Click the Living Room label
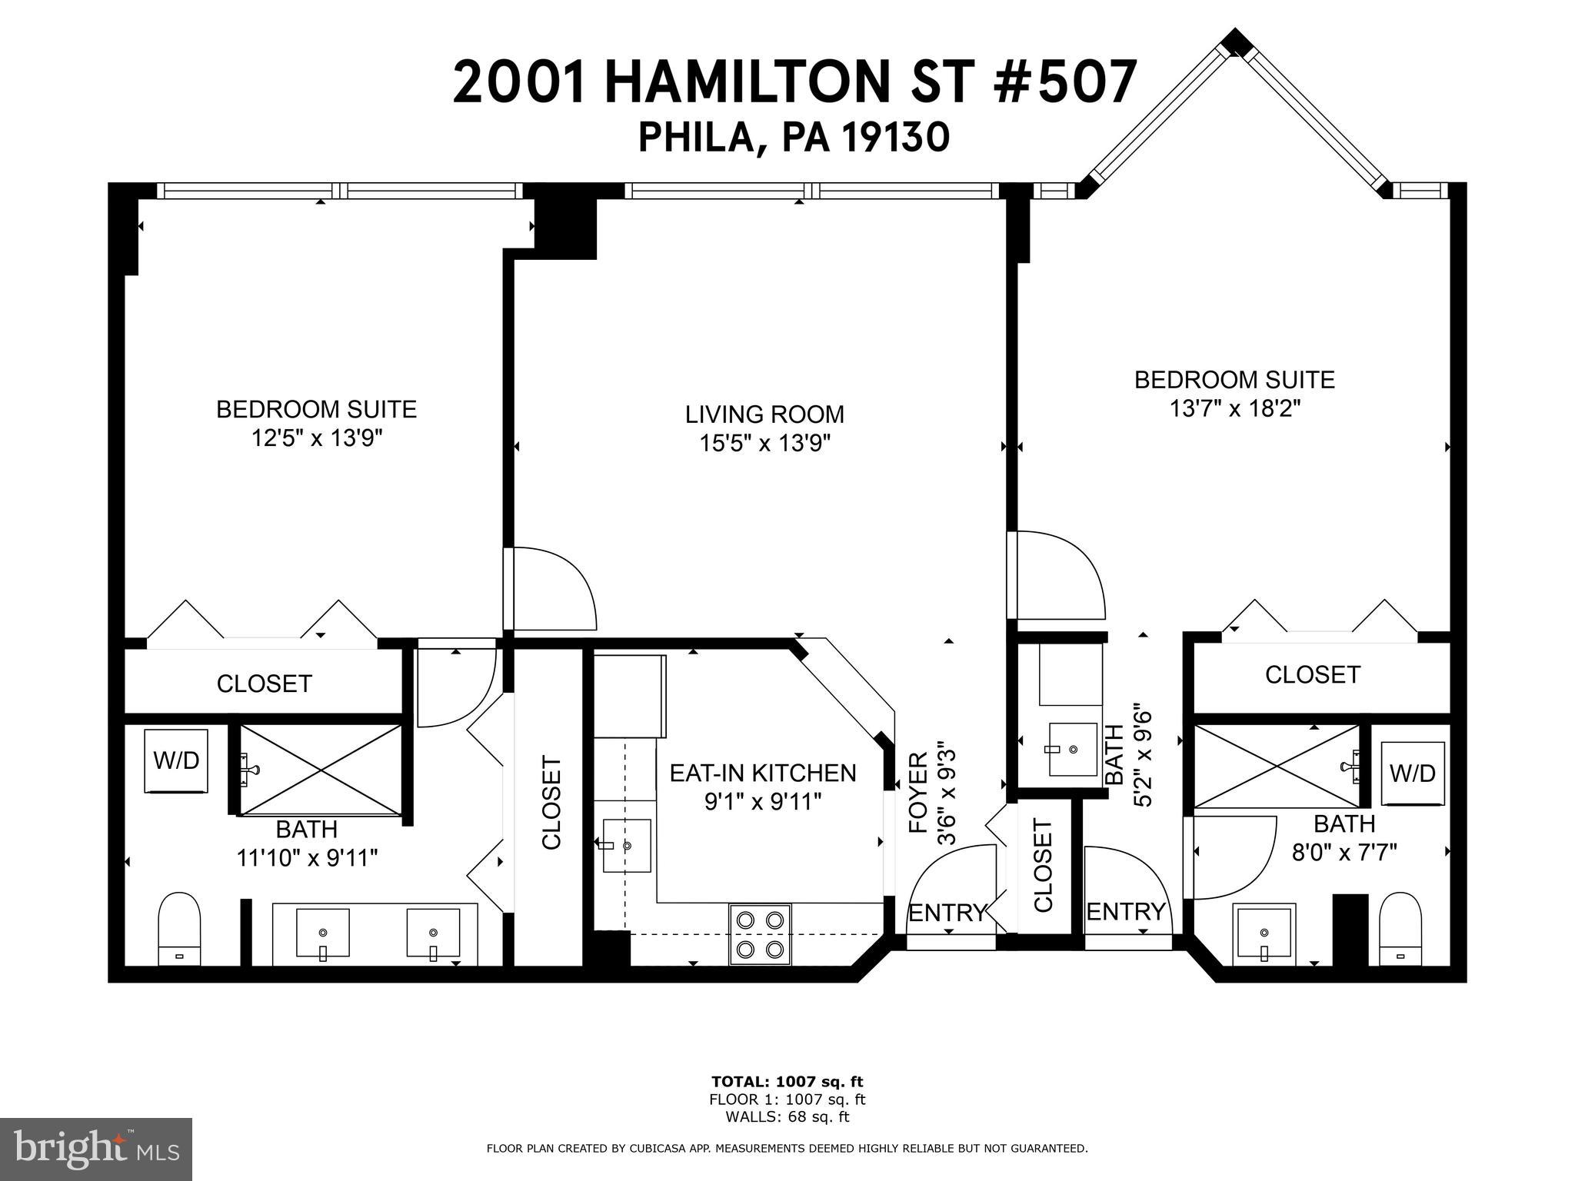tap(764, 414)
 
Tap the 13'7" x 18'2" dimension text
tap(1234, 408)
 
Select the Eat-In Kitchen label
tap(762, 773)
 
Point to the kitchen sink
tap(626, 845)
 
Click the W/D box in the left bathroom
tap(176, 760)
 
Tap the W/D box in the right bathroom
tap(1412, 773)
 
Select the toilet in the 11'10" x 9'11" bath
tap(179, 928)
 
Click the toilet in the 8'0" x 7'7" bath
tap(1400, 928)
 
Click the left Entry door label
tap(947, 913)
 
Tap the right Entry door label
tap(1126, 912)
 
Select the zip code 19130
tap(895, 138)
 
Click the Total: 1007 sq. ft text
tap(787, 1082)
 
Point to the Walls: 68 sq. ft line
tap(787, 1117)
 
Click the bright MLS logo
tap(96, 1149)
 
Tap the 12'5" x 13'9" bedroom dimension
tap(316, 438)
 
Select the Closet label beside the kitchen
tap(551, 803)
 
